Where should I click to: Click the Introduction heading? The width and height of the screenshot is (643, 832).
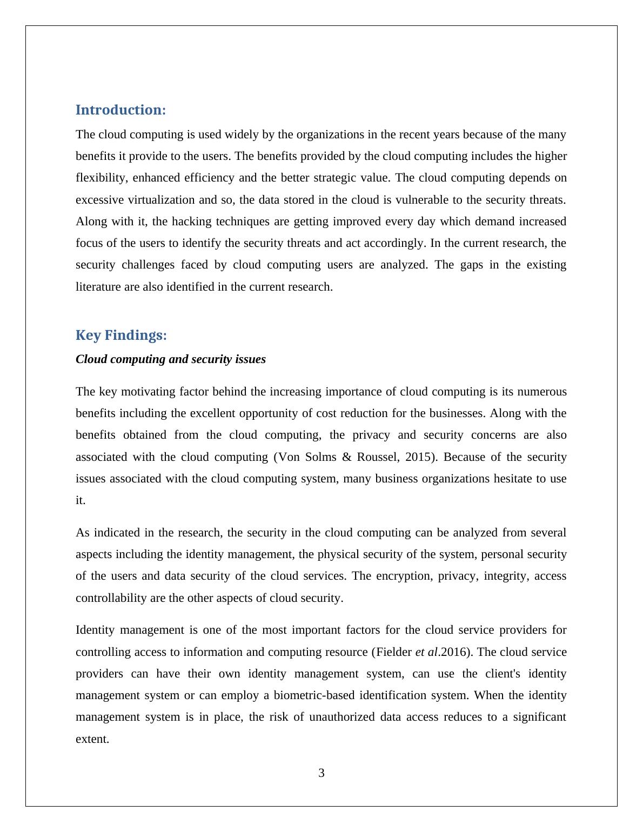[120, 110]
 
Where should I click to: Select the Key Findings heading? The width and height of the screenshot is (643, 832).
[121, 336]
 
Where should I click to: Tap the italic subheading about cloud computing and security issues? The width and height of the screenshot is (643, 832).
[171, 359]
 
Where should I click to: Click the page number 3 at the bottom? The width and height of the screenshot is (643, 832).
[321, 773]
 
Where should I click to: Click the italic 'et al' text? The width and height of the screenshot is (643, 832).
[426, 652]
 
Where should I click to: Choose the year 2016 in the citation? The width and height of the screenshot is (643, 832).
[453, 652]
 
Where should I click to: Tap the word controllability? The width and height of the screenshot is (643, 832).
[108, 598]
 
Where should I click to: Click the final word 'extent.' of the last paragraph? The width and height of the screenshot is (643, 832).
[92, 739]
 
